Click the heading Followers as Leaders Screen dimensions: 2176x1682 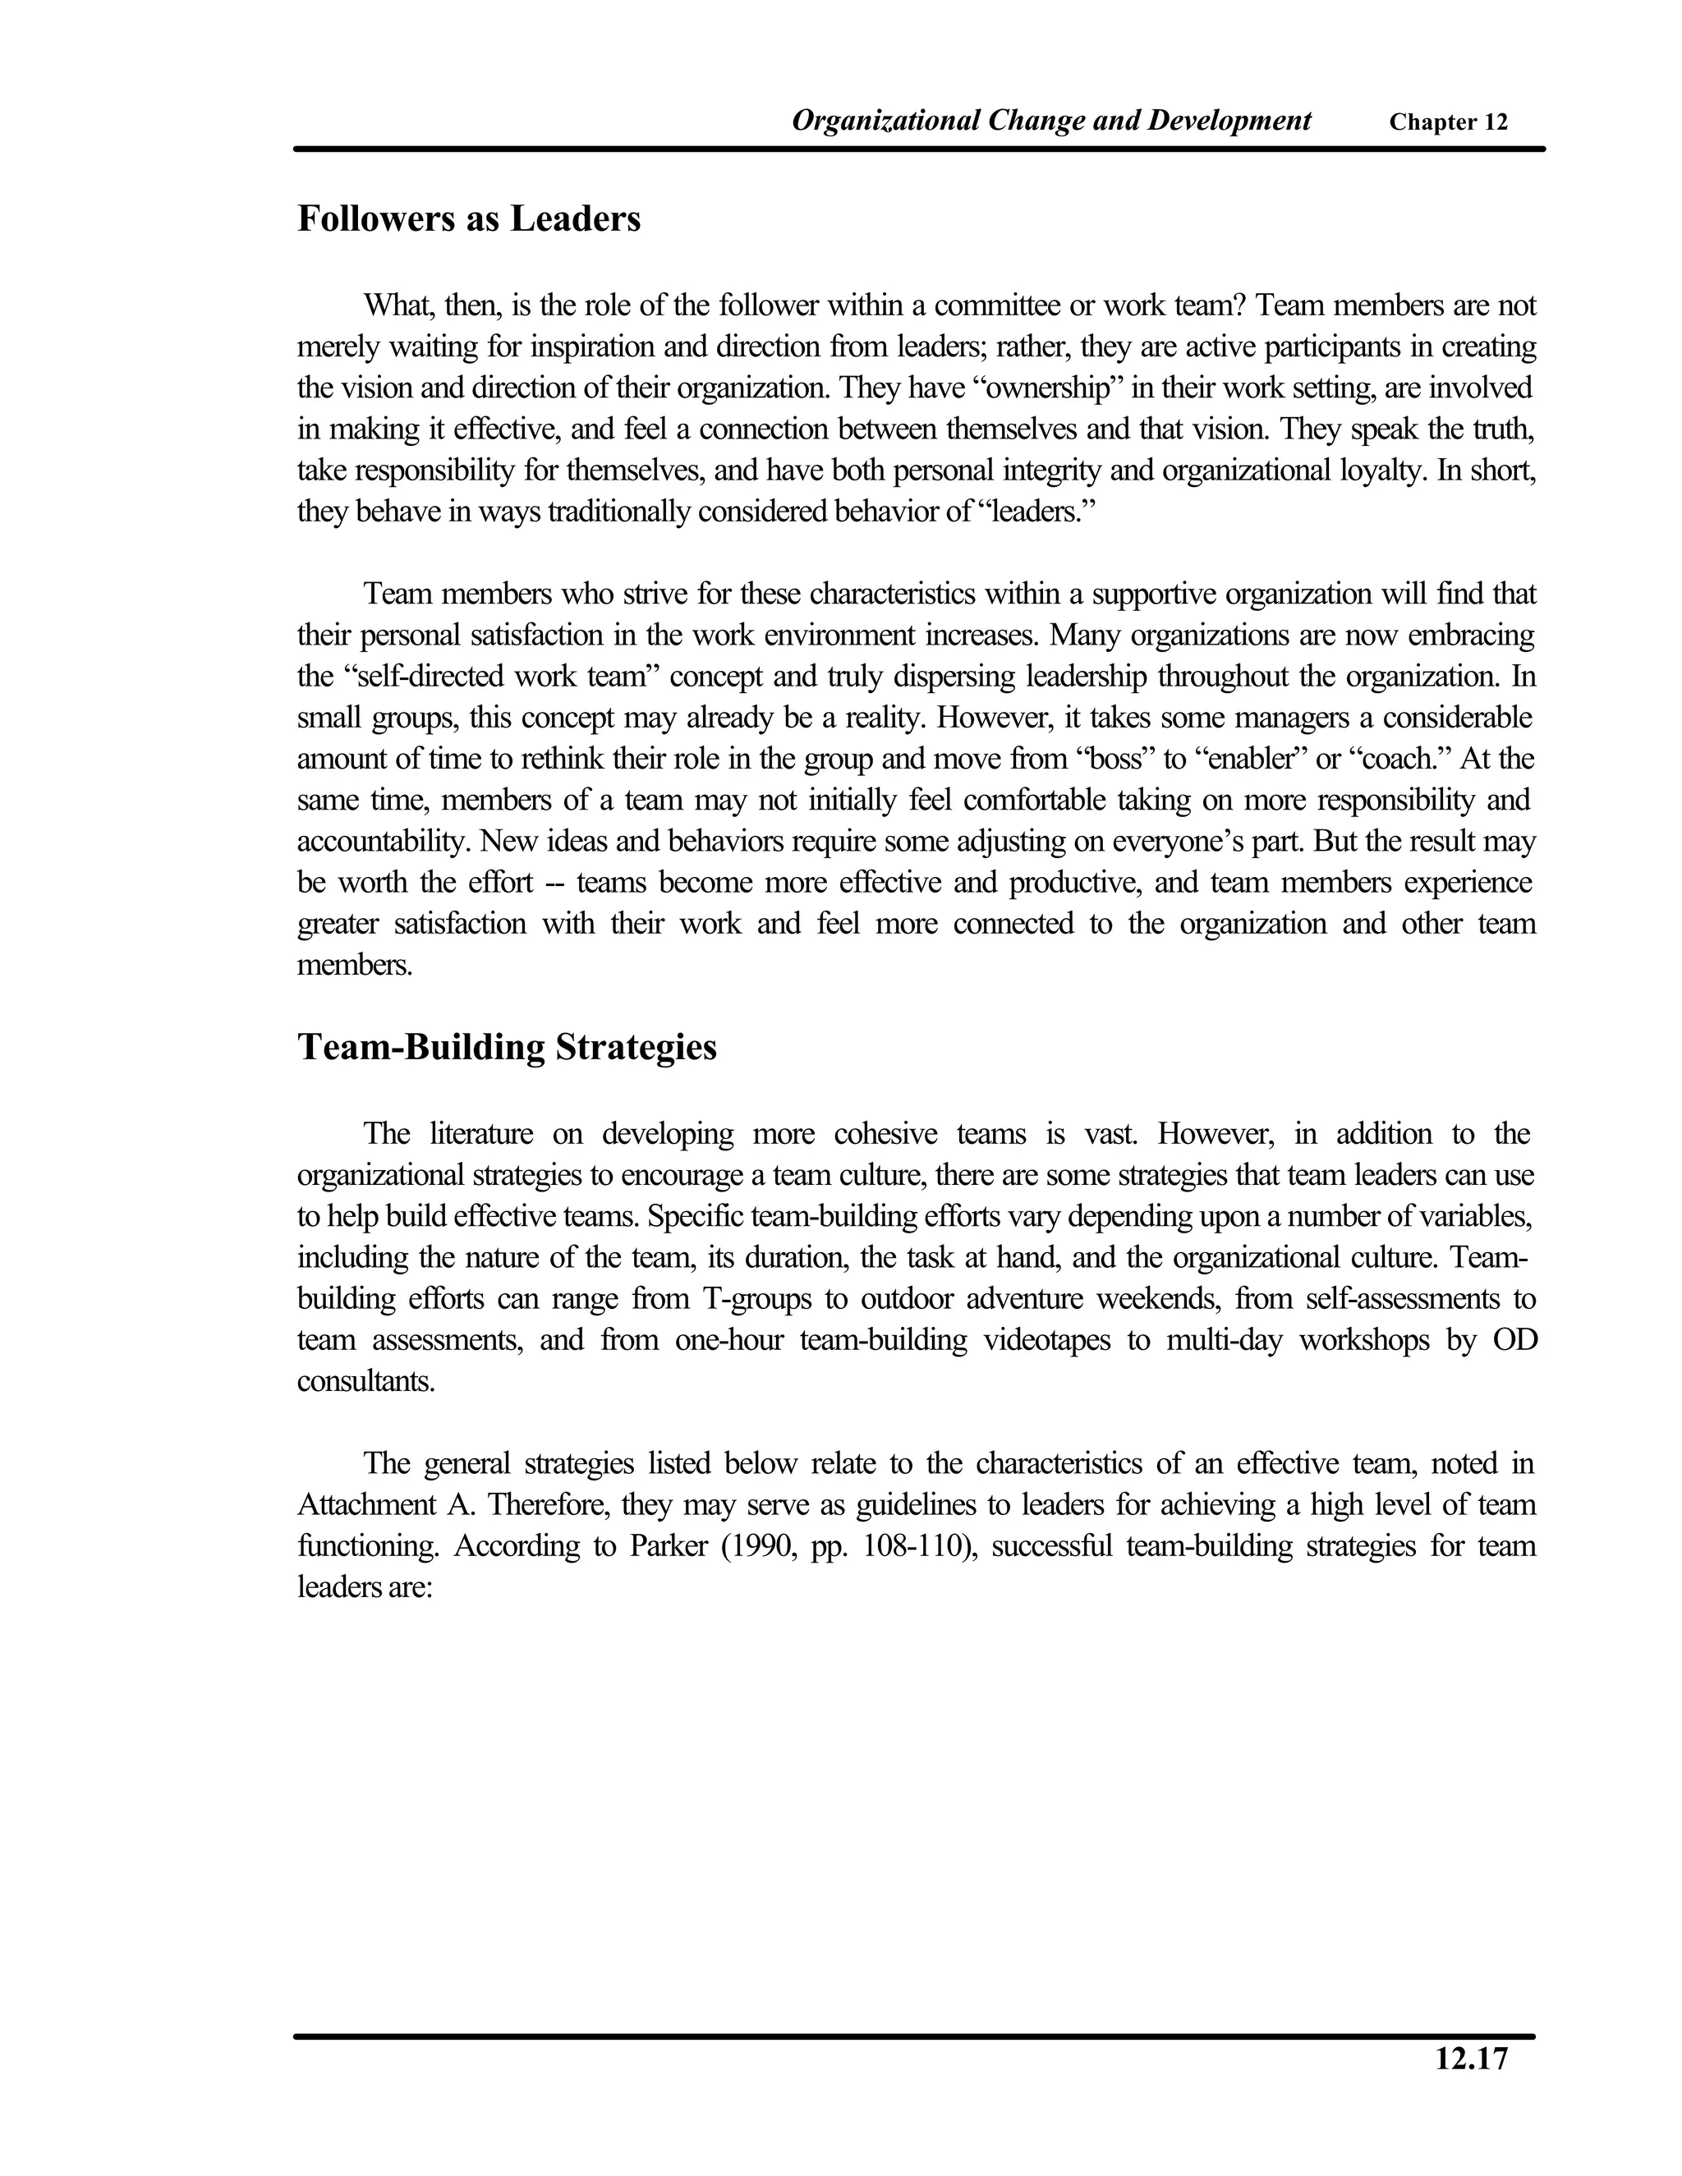click(468, 219)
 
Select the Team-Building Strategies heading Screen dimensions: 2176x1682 click(506, 1048)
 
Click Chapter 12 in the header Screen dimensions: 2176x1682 click(1448, 122)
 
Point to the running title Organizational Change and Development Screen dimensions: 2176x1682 click(1050, 121)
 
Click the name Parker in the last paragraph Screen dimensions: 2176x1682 click(665, 1546)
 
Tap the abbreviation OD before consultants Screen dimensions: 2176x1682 click(1514, 1340)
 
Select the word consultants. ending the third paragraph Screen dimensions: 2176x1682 click(365, 1382)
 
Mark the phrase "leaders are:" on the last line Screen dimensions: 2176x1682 click(364, 1587)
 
